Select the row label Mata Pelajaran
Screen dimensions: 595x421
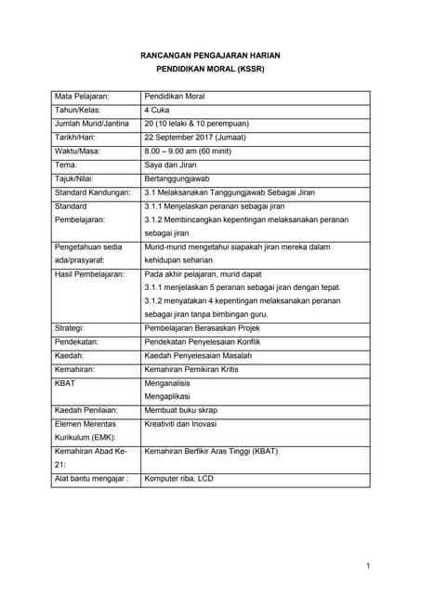click(82, 97)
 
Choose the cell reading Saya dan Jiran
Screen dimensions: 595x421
click(173, 165)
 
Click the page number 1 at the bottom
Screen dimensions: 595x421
click(368, 565)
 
